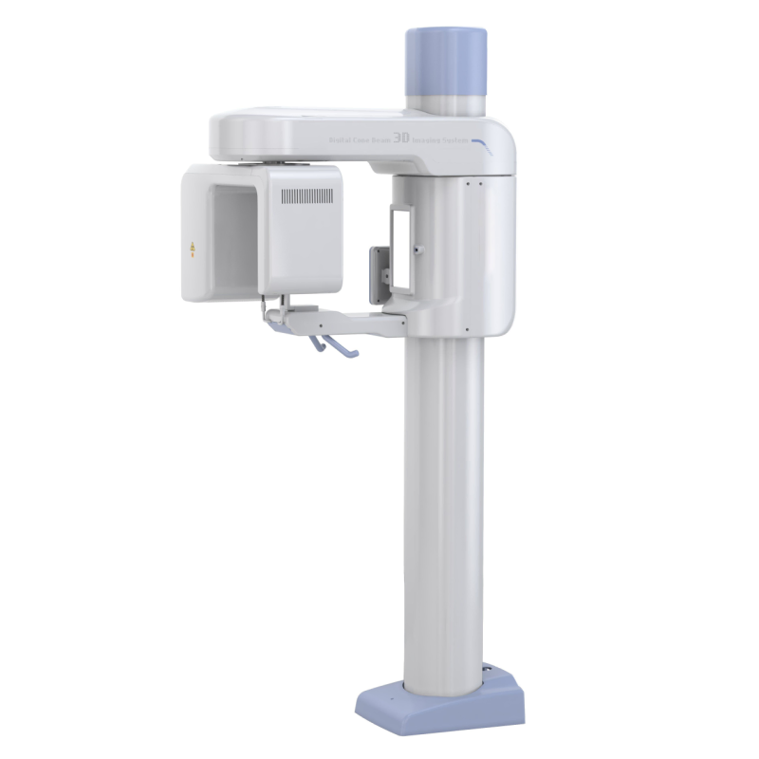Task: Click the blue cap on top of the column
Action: click(x=446, y=59)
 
